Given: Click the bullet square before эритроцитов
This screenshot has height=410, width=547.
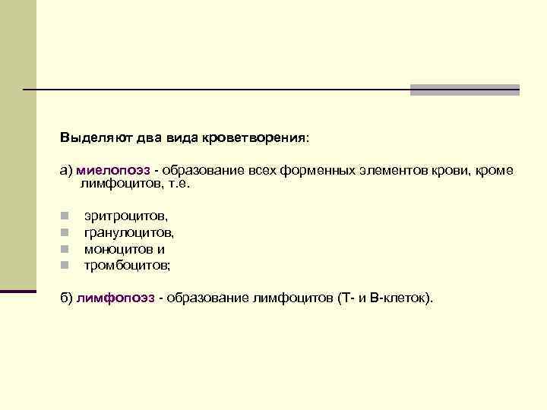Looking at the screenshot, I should pyautogui.click(x=65, y=218).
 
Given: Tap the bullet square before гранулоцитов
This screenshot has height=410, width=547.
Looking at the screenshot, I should pyautogui.click(x=65, y=234).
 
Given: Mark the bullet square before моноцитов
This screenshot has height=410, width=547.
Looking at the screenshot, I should pyautogui.click(x=65, y=250).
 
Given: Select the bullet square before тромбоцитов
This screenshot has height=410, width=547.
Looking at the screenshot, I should pyautogui.click(x=65, y=266).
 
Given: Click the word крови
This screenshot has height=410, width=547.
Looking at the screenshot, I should pyautogui.click(x=444, y=171).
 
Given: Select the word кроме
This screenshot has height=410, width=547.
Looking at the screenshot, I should pyautogui.click(x=495, y=171).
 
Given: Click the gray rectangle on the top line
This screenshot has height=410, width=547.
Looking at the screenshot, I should pyautogui.click(x=464, y=90).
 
